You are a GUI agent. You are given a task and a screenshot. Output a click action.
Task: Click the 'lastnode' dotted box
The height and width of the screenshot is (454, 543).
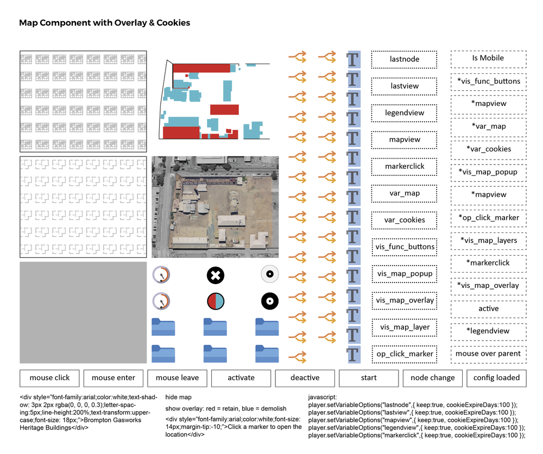[405, 59]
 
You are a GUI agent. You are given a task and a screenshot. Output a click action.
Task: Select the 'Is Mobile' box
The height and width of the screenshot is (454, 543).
[488, 58]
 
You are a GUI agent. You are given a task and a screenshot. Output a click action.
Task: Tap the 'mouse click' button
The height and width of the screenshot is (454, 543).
[49, 378]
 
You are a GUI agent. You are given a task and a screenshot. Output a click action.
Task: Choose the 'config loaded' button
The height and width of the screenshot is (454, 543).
[496, 378]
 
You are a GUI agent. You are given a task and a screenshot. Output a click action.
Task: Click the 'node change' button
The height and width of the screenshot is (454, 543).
[433, 378]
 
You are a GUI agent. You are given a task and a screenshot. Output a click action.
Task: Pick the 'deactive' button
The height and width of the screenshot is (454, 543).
[305, 378]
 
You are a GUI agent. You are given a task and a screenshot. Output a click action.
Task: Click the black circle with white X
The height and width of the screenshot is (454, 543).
[216, 275]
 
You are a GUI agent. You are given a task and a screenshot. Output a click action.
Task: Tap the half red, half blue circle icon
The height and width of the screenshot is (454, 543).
[216, 301]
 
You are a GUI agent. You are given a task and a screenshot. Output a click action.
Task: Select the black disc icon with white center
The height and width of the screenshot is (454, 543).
[269, 301]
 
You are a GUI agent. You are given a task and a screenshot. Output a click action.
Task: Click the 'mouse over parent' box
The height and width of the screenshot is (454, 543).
[488, 354]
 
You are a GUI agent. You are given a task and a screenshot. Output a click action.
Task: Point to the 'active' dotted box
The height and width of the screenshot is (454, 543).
[488, 308]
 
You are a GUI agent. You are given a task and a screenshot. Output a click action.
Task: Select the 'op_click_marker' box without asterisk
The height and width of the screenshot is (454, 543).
[405, 354]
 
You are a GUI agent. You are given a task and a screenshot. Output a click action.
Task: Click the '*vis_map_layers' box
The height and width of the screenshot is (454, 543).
[488, 241]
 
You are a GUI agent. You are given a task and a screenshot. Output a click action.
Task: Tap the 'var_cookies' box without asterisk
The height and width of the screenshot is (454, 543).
[405, 220]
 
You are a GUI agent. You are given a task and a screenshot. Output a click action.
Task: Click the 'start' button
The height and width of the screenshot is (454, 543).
[369, 378]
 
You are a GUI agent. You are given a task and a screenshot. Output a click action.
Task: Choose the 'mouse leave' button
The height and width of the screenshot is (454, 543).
[177, 378]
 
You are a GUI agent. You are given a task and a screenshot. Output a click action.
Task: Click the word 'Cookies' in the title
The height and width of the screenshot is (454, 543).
[171, 23]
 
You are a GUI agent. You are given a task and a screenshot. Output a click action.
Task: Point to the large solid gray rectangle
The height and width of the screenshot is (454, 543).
[83, 312]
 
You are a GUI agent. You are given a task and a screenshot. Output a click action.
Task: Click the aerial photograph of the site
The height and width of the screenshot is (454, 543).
[215, 207]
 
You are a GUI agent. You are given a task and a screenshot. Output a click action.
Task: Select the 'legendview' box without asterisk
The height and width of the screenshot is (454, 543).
[405, 113]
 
